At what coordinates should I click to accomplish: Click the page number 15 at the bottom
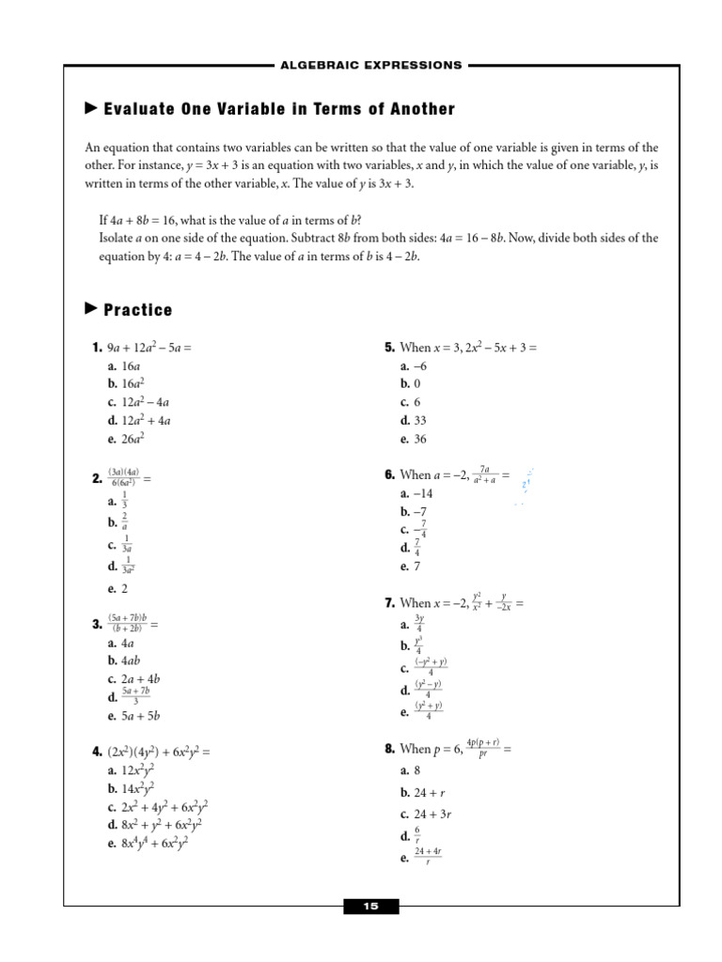pos(370,907)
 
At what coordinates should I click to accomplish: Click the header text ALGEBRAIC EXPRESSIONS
pos(370,66)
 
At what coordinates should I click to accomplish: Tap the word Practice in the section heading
pos(138,310)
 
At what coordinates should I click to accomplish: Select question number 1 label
pos(97,348)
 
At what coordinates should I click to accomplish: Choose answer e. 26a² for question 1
pos(126,438)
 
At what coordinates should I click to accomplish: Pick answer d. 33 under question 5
pos(414,421)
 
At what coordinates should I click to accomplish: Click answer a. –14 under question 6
pos(415,493)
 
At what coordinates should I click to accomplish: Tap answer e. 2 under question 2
pos(118,589)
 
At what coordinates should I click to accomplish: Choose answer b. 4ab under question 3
pos(124,660)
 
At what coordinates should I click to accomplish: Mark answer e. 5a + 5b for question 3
pos(133,716)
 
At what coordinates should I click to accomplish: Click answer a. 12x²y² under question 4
pos(131,770)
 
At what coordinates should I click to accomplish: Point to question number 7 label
pos(388,603)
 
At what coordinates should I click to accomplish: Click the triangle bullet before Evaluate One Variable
pos(91,109)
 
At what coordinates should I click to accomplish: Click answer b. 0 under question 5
pos(409,384)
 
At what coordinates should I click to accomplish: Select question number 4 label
pos(97,752)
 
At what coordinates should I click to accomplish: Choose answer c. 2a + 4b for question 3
pos(133,678)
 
